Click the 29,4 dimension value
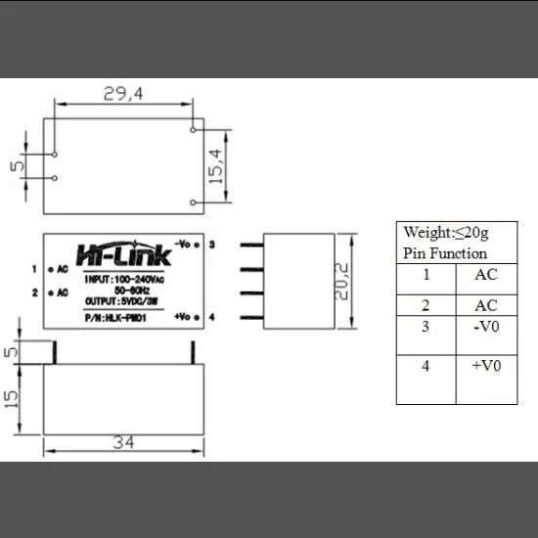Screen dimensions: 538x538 123,94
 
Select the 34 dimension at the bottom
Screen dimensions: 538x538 122,442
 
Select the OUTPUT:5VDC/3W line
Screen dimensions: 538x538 122,301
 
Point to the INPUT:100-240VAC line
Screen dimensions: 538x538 123,280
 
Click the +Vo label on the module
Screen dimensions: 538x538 184,317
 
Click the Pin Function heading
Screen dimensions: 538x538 445,253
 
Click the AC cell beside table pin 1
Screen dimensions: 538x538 485,275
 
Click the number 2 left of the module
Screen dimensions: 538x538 34,292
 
